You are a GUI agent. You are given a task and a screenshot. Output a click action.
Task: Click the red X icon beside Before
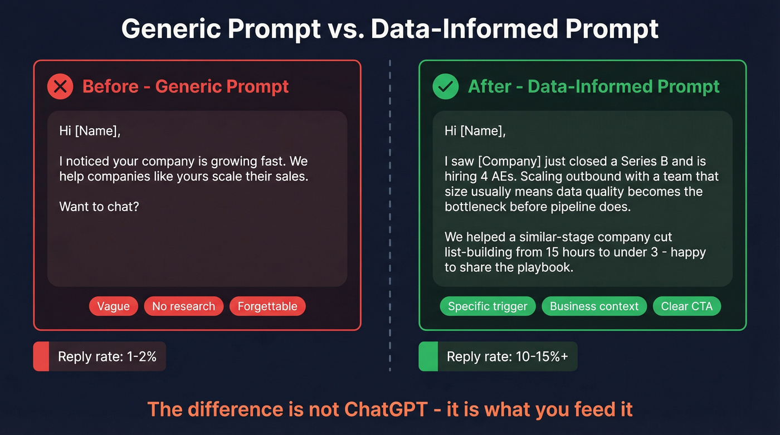pos(60,87)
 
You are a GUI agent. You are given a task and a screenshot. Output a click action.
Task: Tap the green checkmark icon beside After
pos(446,87)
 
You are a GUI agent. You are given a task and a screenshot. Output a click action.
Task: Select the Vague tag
pos(113,306)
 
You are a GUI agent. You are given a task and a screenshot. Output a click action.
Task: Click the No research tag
pos(183,306)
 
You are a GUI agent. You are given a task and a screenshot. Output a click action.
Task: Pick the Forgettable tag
pos(267,306)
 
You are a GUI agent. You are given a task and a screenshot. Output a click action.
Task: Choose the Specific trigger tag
pos(487,306)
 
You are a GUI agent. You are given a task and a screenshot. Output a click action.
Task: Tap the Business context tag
pos(594,306)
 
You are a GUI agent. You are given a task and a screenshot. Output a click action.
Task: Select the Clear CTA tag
pos(686,306)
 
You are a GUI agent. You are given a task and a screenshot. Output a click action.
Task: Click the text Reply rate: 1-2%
pos(107,356)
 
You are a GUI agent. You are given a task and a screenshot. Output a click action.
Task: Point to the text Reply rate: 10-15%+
pos(507,356)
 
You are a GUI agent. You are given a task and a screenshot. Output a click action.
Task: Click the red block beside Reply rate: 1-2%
pos(41,356)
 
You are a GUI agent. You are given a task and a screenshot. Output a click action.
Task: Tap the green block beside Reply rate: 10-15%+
pos(428,356)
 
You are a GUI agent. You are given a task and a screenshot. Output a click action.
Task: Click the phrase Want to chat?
pos(99,207)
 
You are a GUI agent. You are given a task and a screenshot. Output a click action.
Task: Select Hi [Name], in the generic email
pos(90,131)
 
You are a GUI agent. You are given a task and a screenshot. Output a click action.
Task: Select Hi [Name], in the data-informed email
pos(475,131)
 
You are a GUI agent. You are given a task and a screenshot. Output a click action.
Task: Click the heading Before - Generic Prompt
pos(186,87)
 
